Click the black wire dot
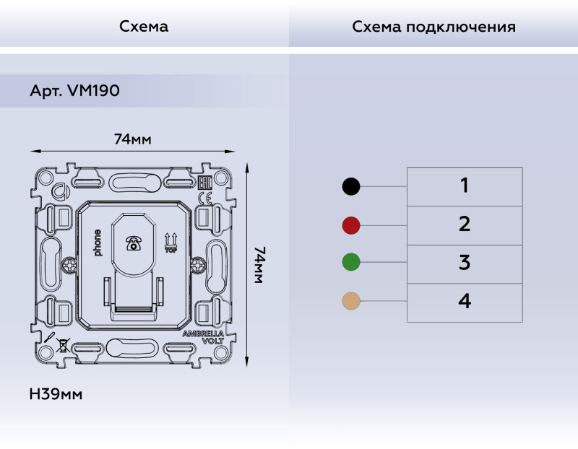point(350,187)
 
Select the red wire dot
point(350,225)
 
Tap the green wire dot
point(350,263)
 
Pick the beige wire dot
point(350,301)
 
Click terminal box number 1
point(465,186)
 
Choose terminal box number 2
point(465,224)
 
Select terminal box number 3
point(465,263)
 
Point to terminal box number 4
point(465,302)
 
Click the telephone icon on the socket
point(133,243)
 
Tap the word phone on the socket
point(98,243)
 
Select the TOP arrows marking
point(171,243)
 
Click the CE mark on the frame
point(204,198)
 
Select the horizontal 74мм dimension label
point(133,139)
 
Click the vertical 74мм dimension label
point(260,265)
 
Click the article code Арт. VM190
point(74,92)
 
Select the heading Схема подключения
point(433,27)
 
